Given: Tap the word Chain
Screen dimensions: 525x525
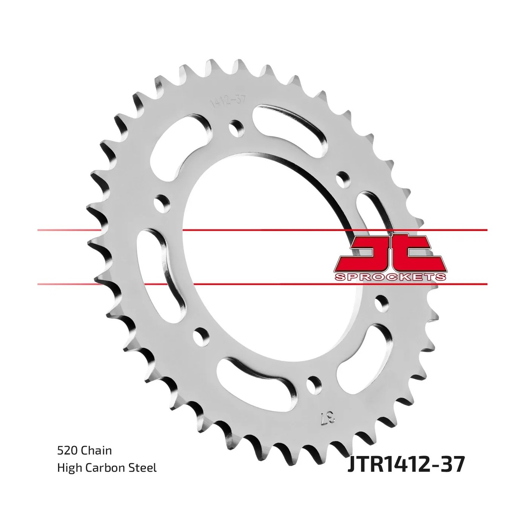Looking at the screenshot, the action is click(x=96, y=450).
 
